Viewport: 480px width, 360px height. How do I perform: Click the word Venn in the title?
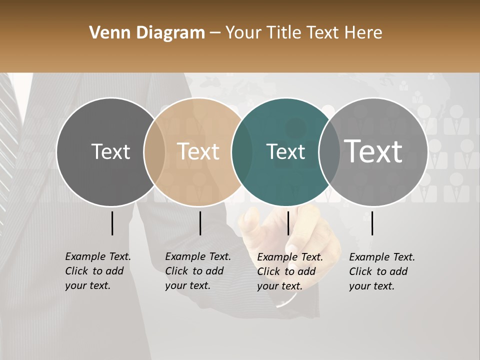(105, 33)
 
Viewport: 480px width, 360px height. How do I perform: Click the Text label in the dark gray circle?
(110, 151)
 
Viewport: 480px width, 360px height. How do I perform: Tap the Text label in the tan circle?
(198, 151)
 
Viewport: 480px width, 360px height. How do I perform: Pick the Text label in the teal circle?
(285, 151)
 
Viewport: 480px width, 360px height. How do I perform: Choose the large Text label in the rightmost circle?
(373, 151)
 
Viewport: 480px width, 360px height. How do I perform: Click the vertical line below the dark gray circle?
(112, 223)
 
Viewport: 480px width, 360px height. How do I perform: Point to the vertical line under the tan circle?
(200, 223)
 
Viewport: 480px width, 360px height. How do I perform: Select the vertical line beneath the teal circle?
(288, 223)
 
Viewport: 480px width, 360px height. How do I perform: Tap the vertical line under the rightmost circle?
(372, 223)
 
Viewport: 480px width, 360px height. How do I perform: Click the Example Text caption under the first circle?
(97, 271)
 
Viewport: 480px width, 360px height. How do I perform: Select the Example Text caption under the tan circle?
(197, 271)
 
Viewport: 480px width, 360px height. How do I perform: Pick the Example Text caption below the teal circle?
(289, 271)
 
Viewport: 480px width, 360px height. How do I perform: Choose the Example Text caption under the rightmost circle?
(381, 271)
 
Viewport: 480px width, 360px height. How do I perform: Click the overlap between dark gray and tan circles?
(154, 151)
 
